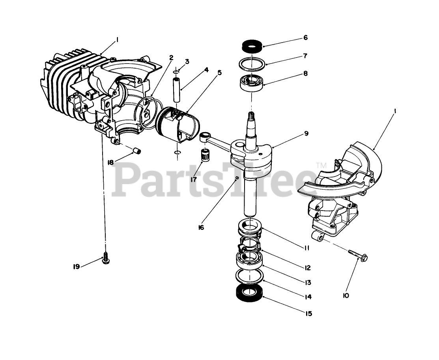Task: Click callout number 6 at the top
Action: click(x=305, y=38)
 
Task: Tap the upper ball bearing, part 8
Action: click(x=250, y=82)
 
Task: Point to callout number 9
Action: click(x=306, y=134)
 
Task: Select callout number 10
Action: click(x=346, y=295)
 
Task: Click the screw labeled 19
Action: click(x=106, y=258)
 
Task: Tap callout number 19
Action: click(x=77, y=267)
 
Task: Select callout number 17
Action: click(x=194, y=179)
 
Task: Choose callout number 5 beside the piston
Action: click(x=219, y=73)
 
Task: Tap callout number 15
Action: click(x=308, y=313)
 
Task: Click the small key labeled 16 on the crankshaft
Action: click(x=236, y=178)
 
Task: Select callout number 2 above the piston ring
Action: click(x=171, y=58)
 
